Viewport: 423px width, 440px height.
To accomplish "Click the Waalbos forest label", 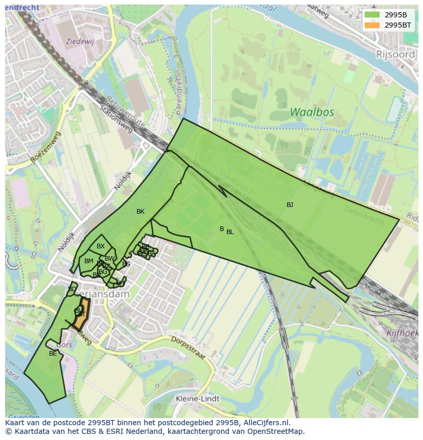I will (x=312, y=112).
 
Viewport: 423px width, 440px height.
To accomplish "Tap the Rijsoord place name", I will (x=395, y=54).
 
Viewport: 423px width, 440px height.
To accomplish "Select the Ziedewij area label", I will (x=80, y=40).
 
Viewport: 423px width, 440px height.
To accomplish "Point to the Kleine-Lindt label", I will (x=197, y=399).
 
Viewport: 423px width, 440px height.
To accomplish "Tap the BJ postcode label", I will (x=290, y=205).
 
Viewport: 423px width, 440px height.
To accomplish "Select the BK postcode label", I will (x=140, y=212).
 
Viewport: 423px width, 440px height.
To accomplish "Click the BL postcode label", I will (x=230, y=232).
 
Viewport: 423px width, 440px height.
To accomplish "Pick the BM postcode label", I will (x=89, y=261).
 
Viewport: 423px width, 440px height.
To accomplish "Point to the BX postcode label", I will (x=101, y=246).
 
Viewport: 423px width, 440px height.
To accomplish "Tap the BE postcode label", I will (x=53, y=353).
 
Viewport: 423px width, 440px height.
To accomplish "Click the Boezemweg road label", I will (x=45, y=147).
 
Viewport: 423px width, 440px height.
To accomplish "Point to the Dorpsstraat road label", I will (x=187, y=346).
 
